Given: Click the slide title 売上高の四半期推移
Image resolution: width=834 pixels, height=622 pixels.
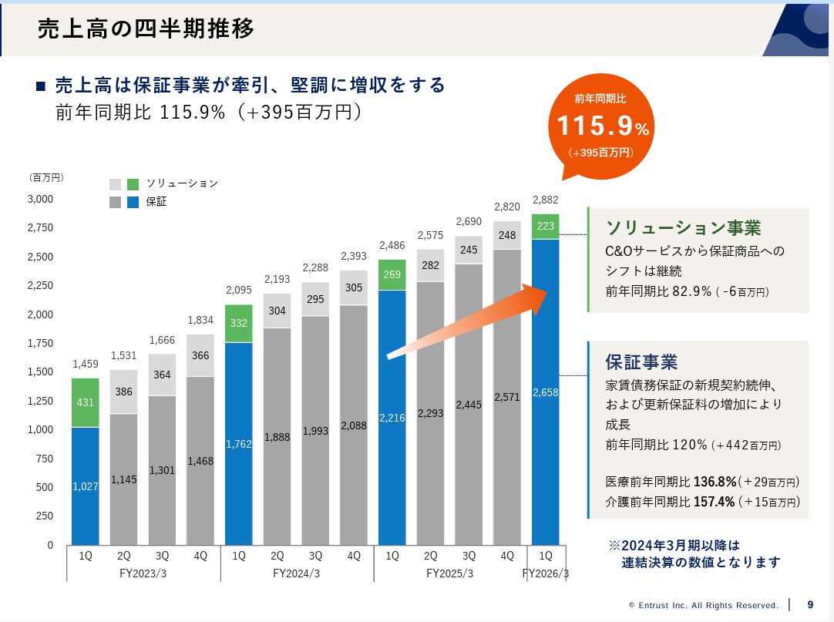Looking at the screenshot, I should click(146, 29).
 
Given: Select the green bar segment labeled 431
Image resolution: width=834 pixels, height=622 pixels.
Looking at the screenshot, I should click(85, 402).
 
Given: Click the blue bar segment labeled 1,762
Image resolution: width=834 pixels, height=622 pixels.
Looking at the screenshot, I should click(238, 443).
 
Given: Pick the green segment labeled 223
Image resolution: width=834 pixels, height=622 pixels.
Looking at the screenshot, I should click(545, 227).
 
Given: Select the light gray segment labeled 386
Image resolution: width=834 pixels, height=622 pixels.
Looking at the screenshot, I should click(123, 392).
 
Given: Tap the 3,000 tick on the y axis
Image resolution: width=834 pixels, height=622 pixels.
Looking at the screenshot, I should click(41, 199).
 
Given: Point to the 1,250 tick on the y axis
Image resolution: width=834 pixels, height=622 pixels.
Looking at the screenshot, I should click(41, 401).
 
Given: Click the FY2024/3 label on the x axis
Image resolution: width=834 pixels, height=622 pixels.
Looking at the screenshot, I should click(296, 573).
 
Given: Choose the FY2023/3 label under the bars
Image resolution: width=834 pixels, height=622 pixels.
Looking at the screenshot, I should click(143, 573).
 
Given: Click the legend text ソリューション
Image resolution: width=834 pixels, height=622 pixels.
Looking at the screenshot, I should click(182, 183).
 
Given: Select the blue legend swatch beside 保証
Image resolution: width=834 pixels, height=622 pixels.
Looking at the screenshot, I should click(133, 202).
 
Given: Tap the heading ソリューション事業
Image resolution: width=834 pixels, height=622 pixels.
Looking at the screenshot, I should click(683, 228).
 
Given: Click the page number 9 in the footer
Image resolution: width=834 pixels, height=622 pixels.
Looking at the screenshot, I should click(809, 604).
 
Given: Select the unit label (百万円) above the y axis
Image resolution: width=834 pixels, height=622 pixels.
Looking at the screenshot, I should click(46, 177).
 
